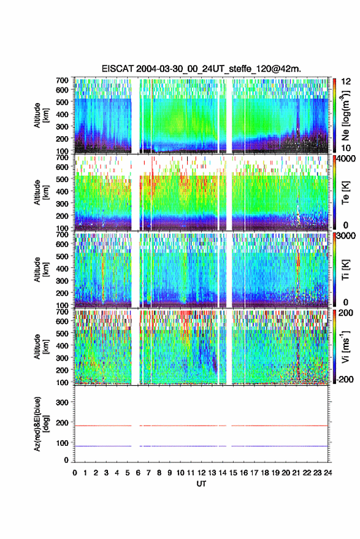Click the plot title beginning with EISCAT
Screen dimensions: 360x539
201,69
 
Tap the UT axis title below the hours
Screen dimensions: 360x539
201,484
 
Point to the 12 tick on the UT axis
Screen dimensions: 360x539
201,473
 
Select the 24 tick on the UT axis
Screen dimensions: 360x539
328,473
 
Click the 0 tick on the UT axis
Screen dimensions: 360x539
75,473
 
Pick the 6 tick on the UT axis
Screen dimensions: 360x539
138,473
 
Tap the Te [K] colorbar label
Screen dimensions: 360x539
345,193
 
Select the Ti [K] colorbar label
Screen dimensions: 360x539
345,270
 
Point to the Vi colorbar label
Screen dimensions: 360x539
345,347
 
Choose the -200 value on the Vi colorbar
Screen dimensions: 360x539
345,379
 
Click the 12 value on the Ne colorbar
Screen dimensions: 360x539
346,82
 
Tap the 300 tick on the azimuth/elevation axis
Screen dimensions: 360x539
62,402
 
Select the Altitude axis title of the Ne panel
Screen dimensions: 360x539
41,115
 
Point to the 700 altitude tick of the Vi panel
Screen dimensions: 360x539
62,312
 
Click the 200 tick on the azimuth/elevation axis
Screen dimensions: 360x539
62,423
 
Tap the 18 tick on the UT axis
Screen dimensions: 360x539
265,473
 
